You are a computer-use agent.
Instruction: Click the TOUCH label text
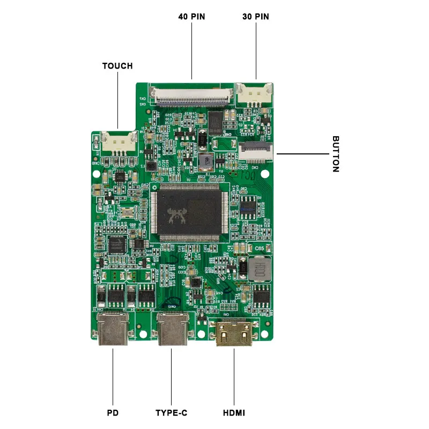pos(117,66)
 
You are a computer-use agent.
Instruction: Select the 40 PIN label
pos(191,17)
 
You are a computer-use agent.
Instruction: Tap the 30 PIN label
pos(255,17)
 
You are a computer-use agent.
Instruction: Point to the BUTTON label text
pos(336,154)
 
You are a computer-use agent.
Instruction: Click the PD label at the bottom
pos(113,413)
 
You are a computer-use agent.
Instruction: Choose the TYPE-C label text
pos(171,413)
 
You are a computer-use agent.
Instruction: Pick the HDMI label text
pos(234,413)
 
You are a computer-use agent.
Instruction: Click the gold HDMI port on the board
pos(234,332)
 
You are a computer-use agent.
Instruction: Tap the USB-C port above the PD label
pos(113,328)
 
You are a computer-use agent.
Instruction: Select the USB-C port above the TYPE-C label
pos(172,328)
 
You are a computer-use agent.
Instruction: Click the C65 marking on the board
pos(260,248)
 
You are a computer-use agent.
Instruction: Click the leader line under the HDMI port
pos(234,375)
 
